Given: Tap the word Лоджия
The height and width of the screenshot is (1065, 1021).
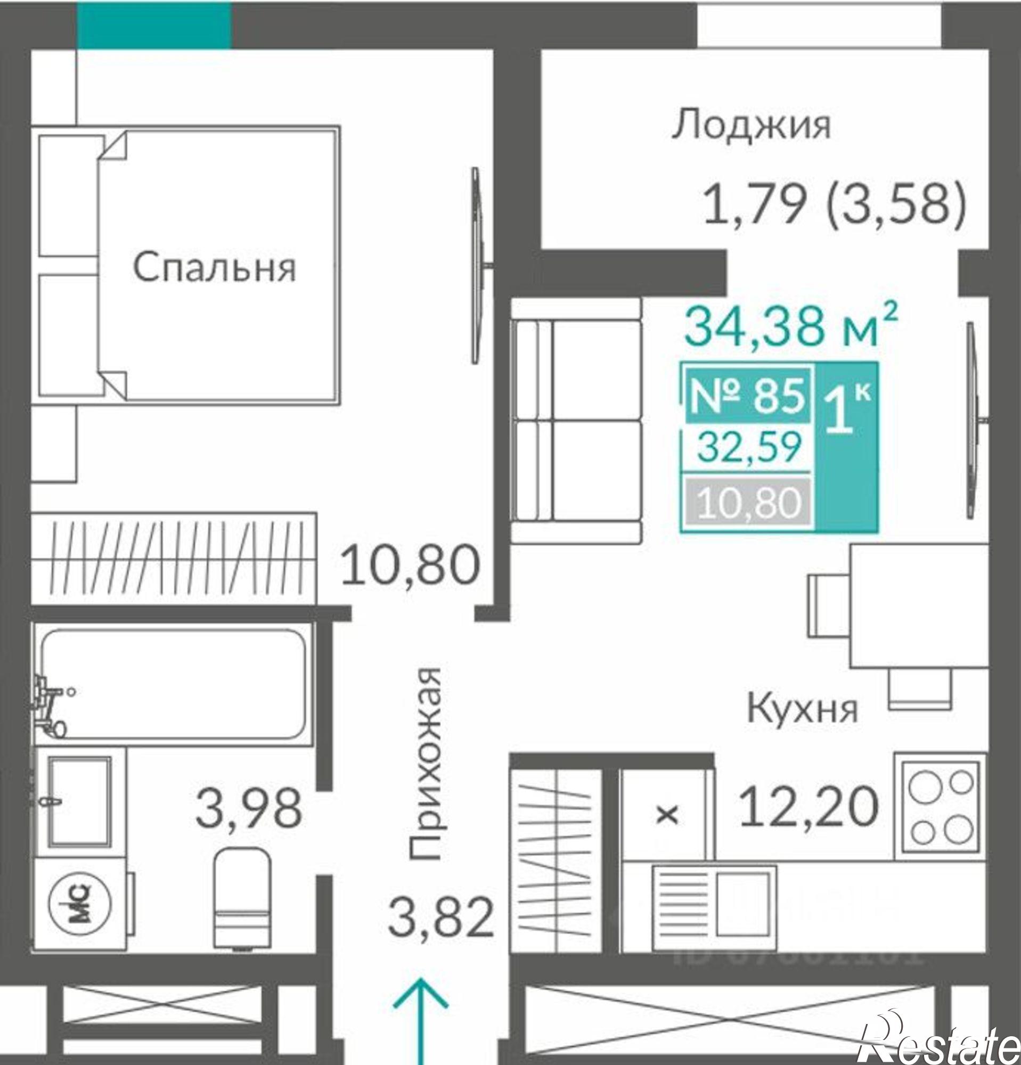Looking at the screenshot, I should (751, 126).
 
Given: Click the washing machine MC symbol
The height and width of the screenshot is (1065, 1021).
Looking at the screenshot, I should (80, 904).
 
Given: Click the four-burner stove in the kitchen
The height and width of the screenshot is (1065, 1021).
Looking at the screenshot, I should (940, 807).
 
